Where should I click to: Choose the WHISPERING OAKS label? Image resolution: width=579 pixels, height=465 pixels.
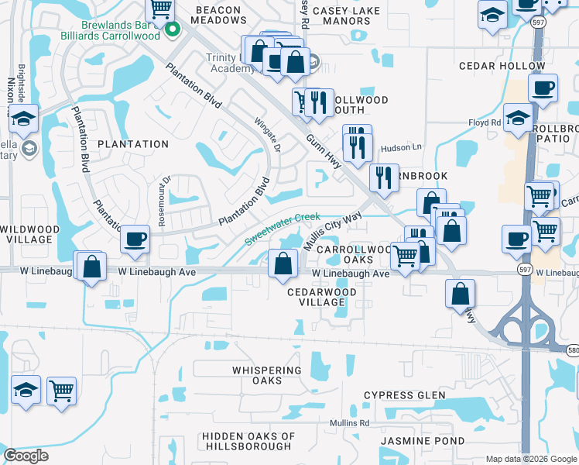[x=267, y=375]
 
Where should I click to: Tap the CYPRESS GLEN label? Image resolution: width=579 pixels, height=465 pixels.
[x=405, y=395]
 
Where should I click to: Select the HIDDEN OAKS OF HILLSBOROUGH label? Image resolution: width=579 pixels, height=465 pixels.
[x=248, y=441]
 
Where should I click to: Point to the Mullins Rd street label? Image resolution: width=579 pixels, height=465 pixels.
[x=348, y=423]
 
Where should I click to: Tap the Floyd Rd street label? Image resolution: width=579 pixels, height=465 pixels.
[x=485, y=122]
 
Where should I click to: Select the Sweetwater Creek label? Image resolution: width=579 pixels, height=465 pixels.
[x=283, y=229]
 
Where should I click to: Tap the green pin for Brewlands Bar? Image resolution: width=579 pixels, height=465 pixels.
[x=173, y=30]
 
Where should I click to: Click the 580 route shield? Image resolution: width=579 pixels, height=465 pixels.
[x=572, y=350]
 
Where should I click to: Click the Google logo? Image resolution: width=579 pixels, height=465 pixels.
[x=26, y=456]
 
